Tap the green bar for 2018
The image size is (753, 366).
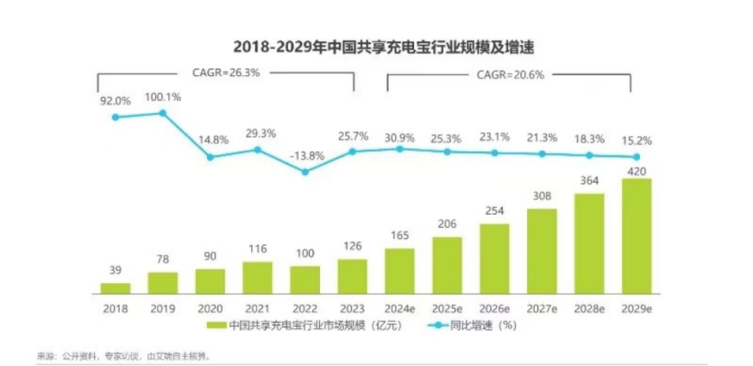pyautogui.click(x=115, y=288)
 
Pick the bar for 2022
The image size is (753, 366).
pyautogui.click(x=304, y=279)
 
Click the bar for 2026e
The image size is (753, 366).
pyautogui.click(x=494, y=258)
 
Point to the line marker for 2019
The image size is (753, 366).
pyautogui.click(x=162, y=113)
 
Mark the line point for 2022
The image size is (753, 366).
pyautogui.click(x=304, y=172)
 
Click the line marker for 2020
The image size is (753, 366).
pyautogui.click(x=210, y=157)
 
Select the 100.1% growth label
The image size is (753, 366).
pyautogui.click(x=162, y=97)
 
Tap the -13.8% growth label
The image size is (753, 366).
pyautogui.click(x=305, y=155)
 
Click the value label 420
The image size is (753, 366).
pyautogui.click(x=637, y=171)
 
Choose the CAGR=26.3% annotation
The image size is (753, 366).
pyautogui.click(x=226, y=71)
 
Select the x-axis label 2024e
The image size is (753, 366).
pyautogui.click(x=399, y=309)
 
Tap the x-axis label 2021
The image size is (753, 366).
pyautogui.click(x=257, y=309)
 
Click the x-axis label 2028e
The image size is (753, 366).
pyautogui.click(x=589, y=309)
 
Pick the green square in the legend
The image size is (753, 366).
pyautogui.click(x=213, y=325)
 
